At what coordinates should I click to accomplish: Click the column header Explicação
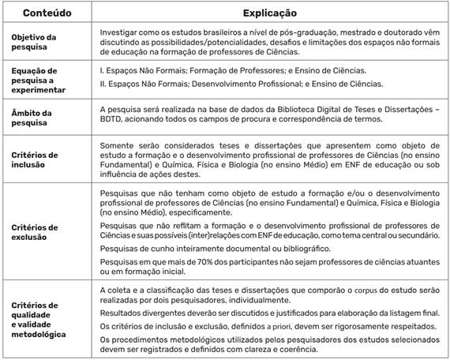264,13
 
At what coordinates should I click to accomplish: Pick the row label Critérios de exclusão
36,231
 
